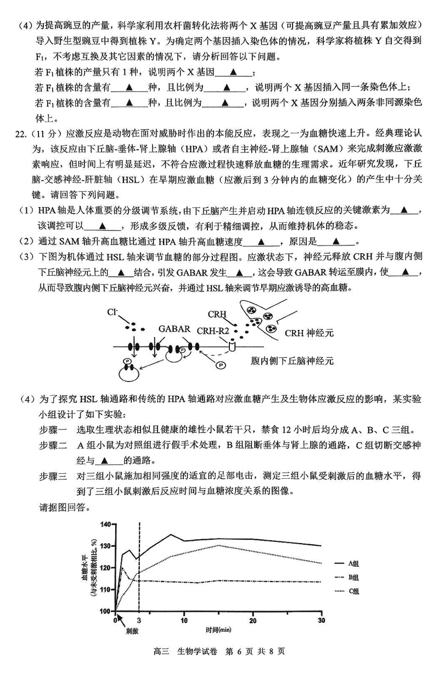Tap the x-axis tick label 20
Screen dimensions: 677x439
point(252,620)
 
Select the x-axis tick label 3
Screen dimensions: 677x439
point(139,620)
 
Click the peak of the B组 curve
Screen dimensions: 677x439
point(122,568)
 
